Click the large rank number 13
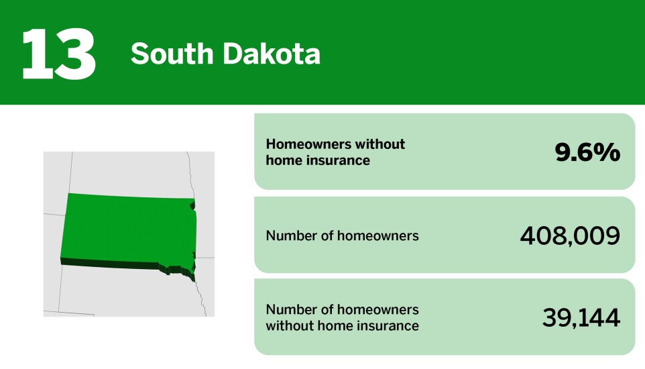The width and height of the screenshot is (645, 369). pyautogui.click(x=59, y=53)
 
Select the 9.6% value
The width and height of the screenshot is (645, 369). pyautogui.click(x=587, y=152)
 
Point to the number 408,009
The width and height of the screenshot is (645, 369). pyautogui.click(x=570, y=235)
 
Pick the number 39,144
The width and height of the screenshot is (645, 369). pyautogui.click(x=581, y=317)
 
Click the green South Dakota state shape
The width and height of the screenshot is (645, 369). pyautogui.click(x=127, y=228)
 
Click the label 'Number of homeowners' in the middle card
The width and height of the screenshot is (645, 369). pyautogui.click(x=342, y=235)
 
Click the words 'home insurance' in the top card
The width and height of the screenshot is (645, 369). pyautogui.click(x=318, y=160)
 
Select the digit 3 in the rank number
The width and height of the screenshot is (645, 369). pyautogui.click(x=75, y=53)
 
